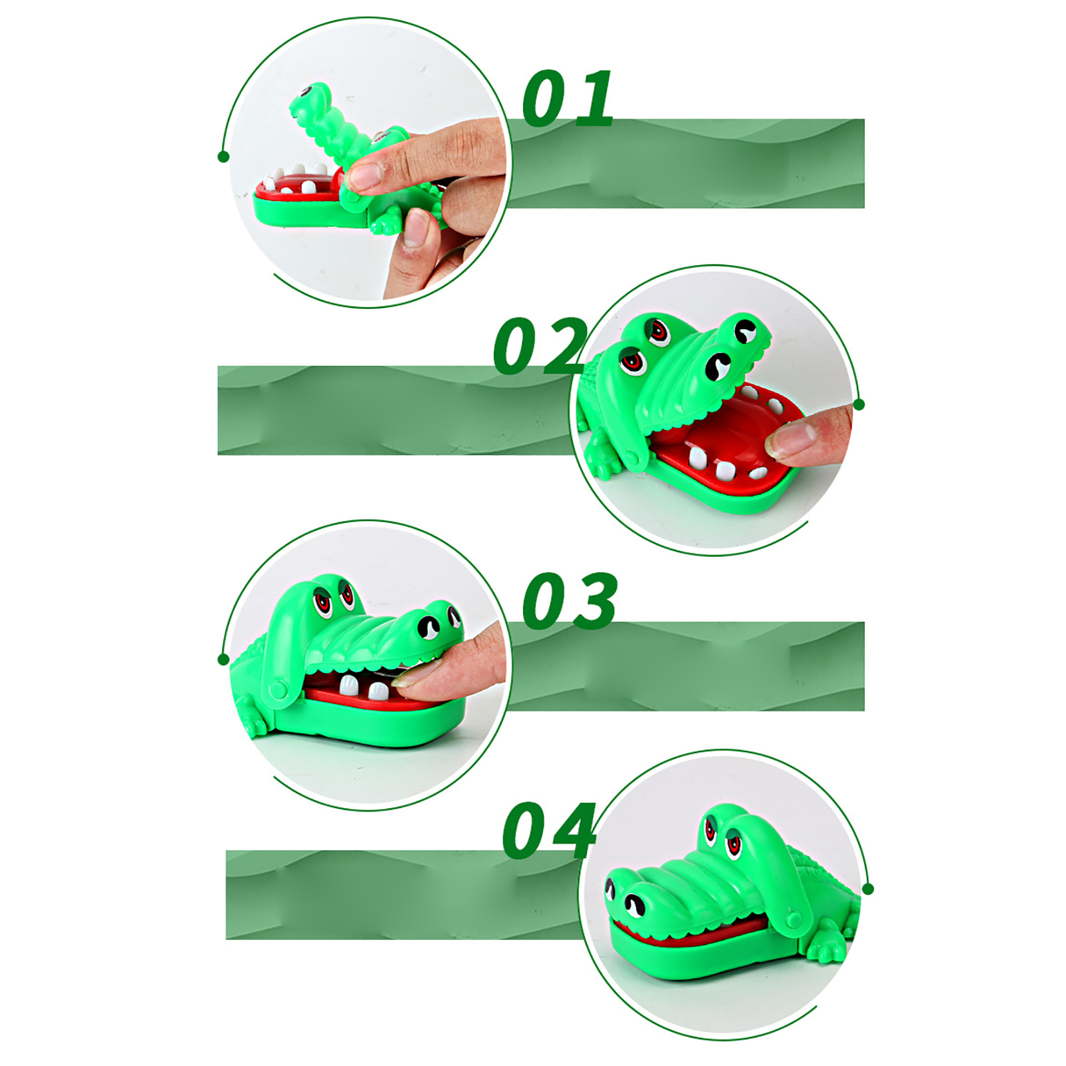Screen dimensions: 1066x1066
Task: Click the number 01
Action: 568,98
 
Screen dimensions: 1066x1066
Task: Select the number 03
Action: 570,600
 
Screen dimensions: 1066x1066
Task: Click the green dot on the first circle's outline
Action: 223,157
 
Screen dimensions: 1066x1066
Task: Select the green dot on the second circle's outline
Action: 859,404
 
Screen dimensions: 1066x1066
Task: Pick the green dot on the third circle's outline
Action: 223,660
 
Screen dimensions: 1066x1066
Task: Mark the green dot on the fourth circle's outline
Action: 867,889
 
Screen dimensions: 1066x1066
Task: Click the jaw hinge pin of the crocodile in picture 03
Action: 278,690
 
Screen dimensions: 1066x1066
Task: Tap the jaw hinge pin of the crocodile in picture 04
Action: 793,920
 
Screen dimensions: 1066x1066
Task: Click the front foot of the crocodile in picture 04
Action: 826,942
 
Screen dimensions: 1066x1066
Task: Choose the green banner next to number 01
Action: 686,164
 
